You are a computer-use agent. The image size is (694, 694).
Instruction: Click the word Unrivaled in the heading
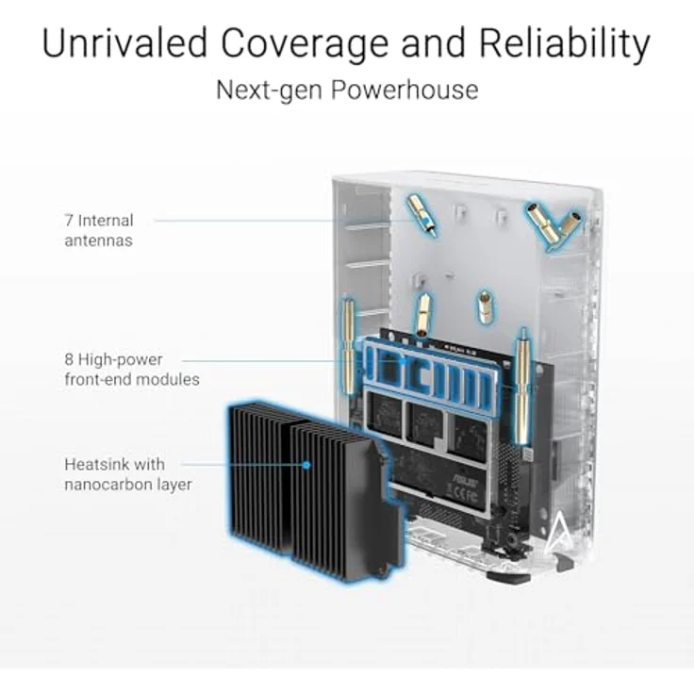[124, 42]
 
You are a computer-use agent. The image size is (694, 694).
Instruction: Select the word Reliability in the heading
[564, 43]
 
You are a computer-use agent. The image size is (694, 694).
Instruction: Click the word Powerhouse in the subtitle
[405, 90]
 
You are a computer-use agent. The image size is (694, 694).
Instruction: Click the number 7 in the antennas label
[69, 220]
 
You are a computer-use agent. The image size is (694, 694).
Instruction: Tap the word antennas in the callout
[98, 240]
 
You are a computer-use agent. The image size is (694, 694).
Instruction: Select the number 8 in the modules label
[69, 359]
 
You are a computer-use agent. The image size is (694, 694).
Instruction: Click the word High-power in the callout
[121, 360]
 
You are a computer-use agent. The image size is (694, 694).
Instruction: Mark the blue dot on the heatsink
[306, 465]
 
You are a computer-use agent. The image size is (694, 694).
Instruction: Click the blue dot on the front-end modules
[403, 361]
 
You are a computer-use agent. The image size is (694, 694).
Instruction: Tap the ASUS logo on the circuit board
[463, 480]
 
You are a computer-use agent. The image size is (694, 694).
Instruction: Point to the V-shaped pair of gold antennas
[553, 225]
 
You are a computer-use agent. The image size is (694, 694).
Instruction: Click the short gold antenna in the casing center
[486, 306]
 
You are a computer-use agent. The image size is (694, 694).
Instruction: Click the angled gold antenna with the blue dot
[422, 216]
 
